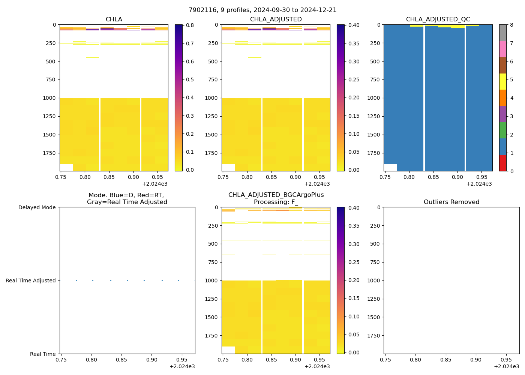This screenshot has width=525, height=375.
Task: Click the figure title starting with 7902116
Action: (262, 10)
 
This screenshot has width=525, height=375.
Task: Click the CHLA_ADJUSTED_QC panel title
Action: (438, 19)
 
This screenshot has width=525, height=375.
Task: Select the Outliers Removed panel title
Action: (451, 202)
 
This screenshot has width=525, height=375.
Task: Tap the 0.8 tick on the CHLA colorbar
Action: (190, 25)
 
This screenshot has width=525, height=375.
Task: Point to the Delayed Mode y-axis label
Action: (37, 208)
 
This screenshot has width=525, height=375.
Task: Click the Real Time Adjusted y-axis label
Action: (31, 281)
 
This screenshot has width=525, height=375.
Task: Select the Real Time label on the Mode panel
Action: (43, 354)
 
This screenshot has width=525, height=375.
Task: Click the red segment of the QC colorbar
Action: (502, 163)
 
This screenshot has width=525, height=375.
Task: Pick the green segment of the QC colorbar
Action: (502, 130)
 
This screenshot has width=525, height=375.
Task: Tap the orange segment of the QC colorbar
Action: (502, 98)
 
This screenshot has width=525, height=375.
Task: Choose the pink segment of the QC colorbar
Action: (502, 49)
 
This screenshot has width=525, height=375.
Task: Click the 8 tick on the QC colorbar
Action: (511, 25)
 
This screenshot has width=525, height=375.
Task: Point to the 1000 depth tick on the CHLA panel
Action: (50, 98)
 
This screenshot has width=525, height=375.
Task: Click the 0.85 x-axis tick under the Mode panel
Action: (121, 360)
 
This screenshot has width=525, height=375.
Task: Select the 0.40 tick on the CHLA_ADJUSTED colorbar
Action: (354, 25)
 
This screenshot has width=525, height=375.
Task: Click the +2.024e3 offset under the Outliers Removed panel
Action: (506, 366)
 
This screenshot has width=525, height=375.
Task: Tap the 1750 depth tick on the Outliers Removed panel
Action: (374, 336)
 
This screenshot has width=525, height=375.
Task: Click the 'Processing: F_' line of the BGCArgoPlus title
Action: (276, 202)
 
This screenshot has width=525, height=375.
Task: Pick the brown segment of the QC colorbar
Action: (502, 65)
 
